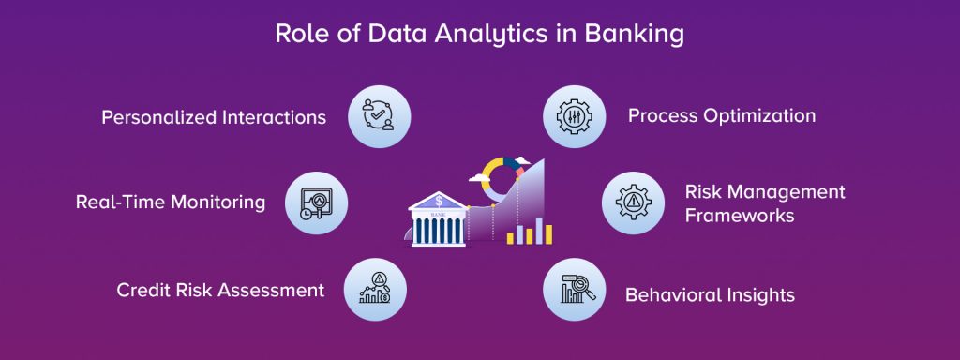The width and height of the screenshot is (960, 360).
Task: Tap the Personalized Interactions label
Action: tap(214, 117)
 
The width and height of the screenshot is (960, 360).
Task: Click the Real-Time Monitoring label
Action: tap(171, 202)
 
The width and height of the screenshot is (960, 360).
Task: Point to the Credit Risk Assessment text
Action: tap(220, 290)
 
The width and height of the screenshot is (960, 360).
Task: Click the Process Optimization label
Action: tap(722, 116)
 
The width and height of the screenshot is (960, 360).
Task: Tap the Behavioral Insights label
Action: tap(710, 295)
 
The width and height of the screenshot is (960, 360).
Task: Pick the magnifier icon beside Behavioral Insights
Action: tap(575, 290)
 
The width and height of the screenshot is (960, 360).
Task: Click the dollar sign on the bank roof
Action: tap(439, 200)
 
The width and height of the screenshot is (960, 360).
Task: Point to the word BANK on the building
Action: tap(439, 215)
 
